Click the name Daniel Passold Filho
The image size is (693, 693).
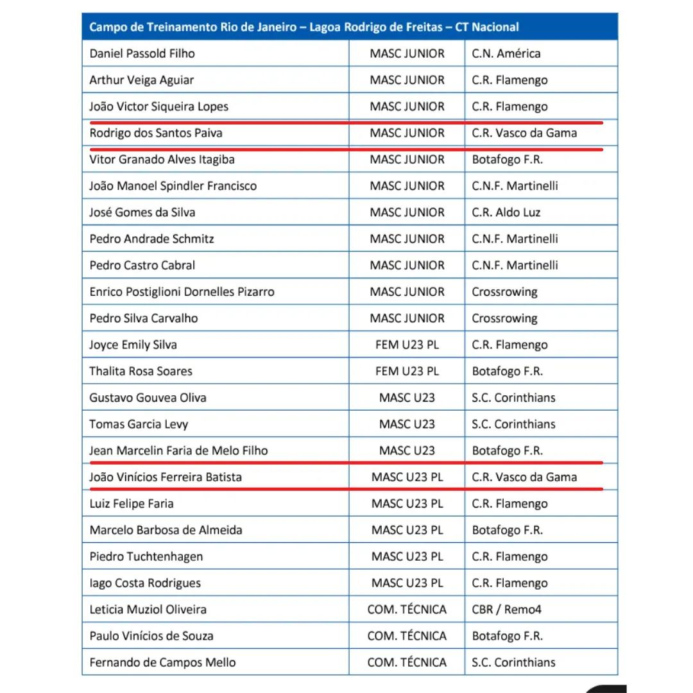[x=142, y=53]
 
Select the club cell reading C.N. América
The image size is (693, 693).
[x=506, y=53]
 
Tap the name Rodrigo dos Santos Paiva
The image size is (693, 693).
[x=156, y=133]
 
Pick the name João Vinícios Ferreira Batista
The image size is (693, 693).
[x=166, y=477]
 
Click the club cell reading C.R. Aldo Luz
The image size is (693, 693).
[x=506, y=212]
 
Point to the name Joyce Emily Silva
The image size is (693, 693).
[x=133, y=345]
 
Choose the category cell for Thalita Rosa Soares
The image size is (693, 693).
[x=407, y=371]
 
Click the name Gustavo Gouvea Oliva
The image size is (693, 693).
[x=148, y=398]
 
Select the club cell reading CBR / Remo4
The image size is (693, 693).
[x=506, y=610]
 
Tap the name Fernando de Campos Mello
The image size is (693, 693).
[x=162, y=662]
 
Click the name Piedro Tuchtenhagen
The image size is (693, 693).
[x=146, y=556]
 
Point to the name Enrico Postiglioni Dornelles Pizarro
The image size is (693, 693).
[x=182, y=292]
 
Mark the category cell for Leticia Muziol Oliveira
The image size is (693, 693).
[x=407, y=610]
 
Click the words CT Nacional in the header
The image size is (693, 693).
[x=487, y=27]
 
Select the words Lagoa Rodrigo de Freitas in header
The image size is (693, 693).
[x=376, y=27]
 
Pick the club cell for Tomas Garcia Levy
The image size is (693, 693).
[x=513, y=424]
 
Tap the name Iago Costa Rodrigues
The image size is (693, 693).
[x=145, y=583]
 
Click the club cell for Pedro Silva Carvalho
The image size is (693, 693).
[x=504, y=318]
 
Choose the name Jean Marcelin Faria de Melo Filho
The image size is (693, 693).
[x=178, y=450]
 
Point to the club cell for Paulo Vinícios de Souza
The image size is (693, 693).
[x=507, y=636]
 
